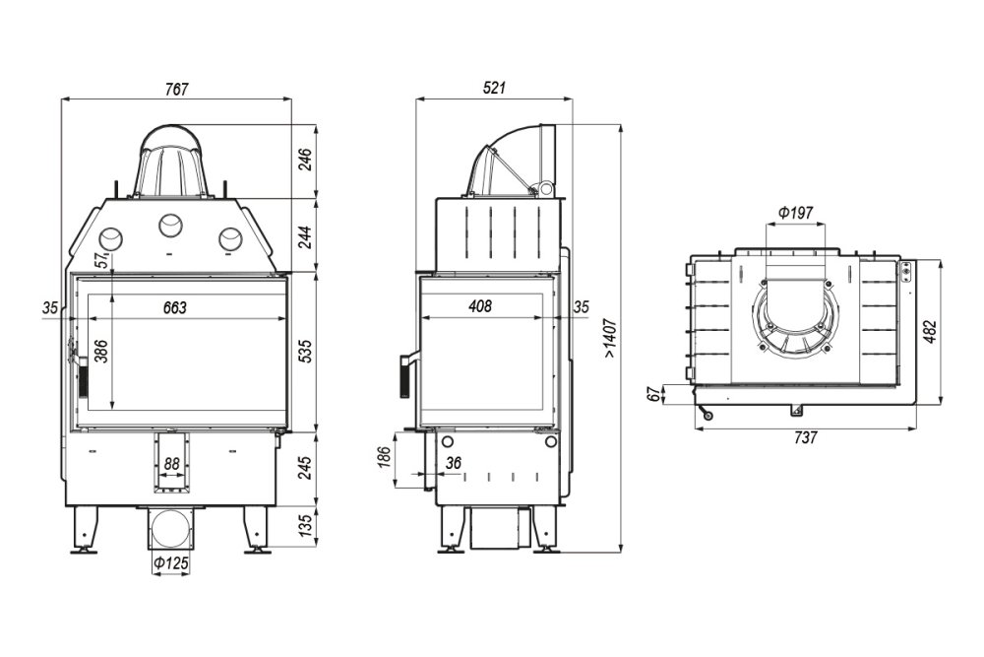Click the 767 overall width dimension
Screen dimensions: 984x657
176,90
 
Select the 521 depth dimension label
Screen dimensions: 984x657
495,88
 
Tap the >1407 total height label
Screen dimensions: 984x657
611,339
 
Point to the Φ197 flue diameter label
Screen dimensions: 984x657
795,213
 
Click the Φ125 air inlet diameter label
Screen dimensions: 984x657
170,562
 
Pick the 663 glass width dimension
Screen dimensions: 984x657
175,307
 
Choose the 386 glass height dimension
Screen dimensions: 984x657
101,351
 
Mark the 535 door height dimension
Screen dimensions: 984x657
305,352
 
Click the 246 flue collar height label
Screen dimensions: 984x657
305,161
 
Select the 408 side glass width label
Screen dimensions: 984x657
481,306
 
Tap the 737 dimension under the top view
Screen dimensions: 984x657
806,437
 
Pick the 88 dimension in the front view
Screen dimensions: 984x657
171,464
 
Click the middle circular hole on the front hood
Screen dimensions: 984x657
170,225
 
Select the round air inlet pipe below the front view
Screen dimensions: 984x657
170,529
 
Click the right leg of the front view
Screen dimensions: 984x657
256,530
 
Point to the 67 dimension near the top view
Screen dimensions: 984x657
654,395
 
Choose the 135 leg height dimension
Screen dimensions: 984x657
305,526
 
